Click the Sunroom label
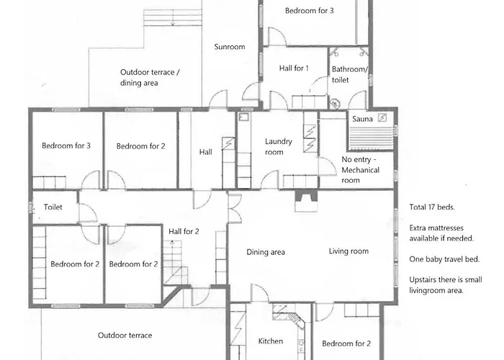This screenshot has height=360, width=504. click(x=230, y=47)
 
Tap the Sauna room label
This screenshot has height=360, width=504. click(x=362, y=119)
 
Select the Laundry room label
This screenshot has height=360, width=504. click(x=279, y=147)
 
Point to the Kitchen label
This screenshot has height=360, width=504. click(x=271, y=341)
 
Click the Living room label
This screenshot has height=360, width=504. click(x=348, y=251)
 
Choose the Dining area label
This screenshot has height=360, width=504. click(x=266, y=252)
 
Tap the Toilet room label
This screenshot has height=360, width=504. click(x=53, y=207)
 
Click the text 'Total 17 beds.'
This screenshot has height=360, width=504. click(x=432, y=207)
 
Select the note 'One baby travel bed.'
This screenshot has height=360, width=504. click(x=444, y=259)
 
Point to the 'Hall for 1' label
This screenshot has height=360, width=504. click(x=294, y=68)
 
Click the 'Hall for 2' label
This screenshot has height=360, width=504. click(x=184, y=231)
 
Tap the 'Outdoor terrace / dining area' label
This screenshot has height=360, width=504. click(x=150, y=78)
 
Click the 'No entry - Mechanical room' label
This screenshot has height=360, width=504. click(x=360, y=170)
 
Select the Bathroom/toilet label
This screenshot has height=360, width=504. click(x=350, y=75)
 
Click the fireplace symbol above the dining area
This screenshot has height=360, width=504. click(x=306, y=201)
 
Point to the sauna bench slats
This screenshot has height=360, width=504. click(x=371, y=138)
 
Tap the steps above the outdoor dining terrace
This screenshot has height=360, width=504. click(x=173, y=17)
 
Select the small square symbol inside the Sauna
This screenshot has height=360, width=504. click(x=382, y=118)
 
